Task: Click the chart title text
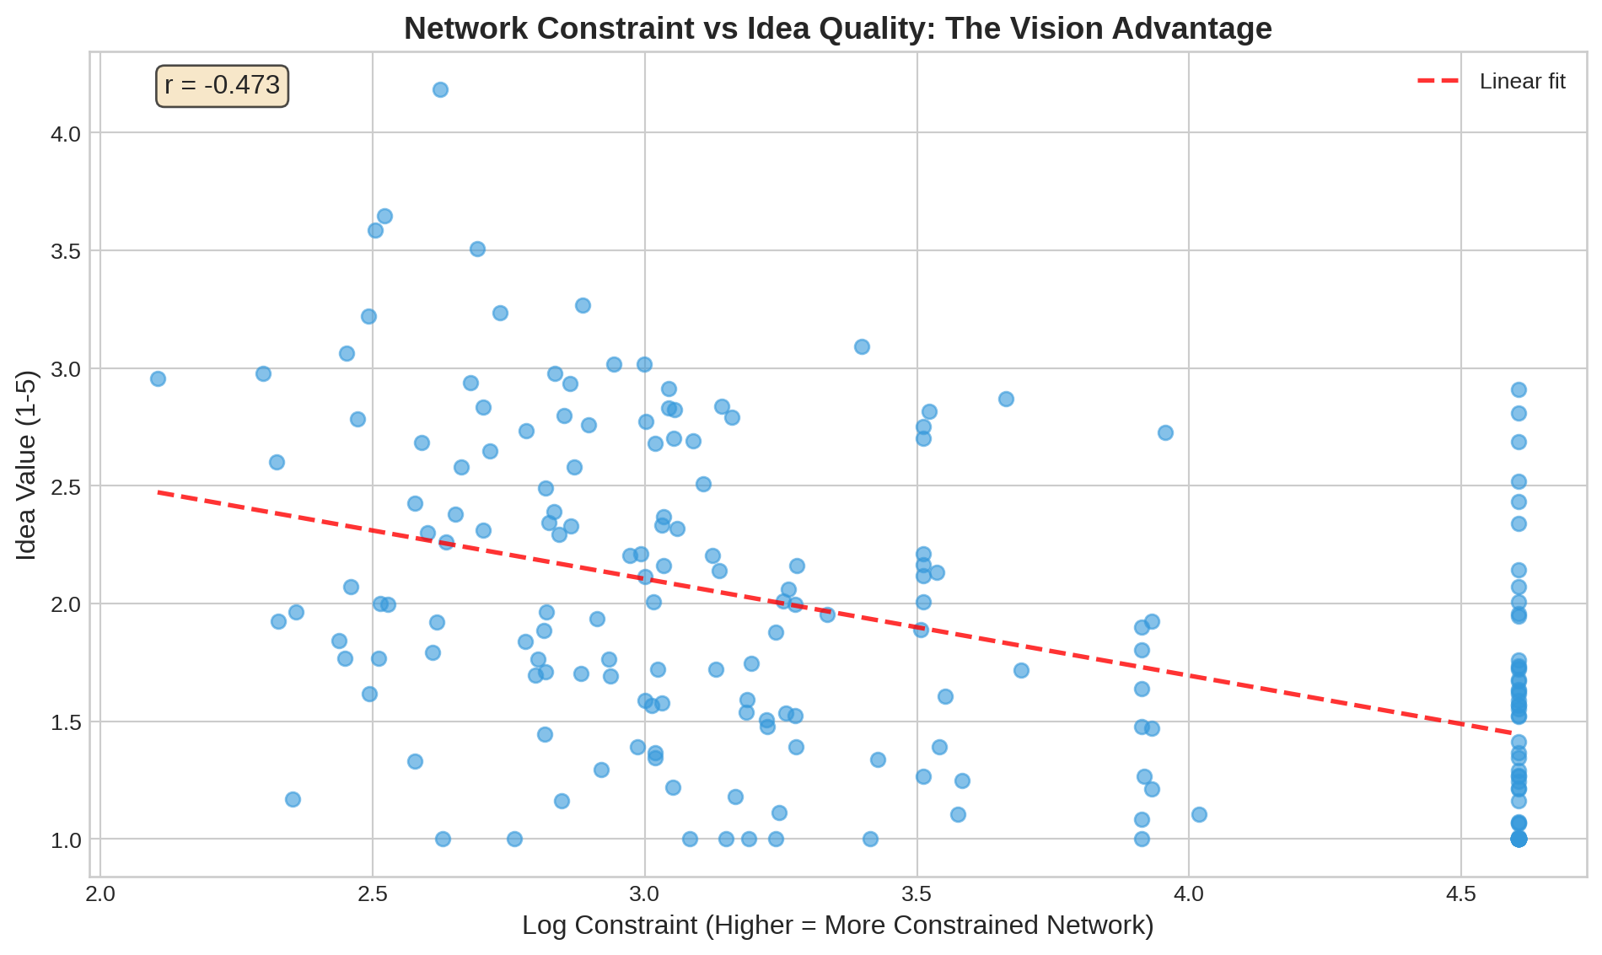click(x=837, y=29)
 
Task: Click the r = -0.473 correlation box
click(x=222, y=85)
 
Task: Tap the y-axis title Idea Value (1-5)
click(x=26, y=464)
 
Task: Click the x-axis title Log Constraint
click(x=837, y=925)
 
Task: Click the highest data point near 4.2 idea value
click(x=440, y=89)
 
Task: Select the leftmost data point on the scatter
click(x=158, y=378)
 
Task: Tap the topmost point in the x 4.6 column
click(x=1519, y=389)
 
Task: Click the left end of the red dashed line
click(x=159, y=491)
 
